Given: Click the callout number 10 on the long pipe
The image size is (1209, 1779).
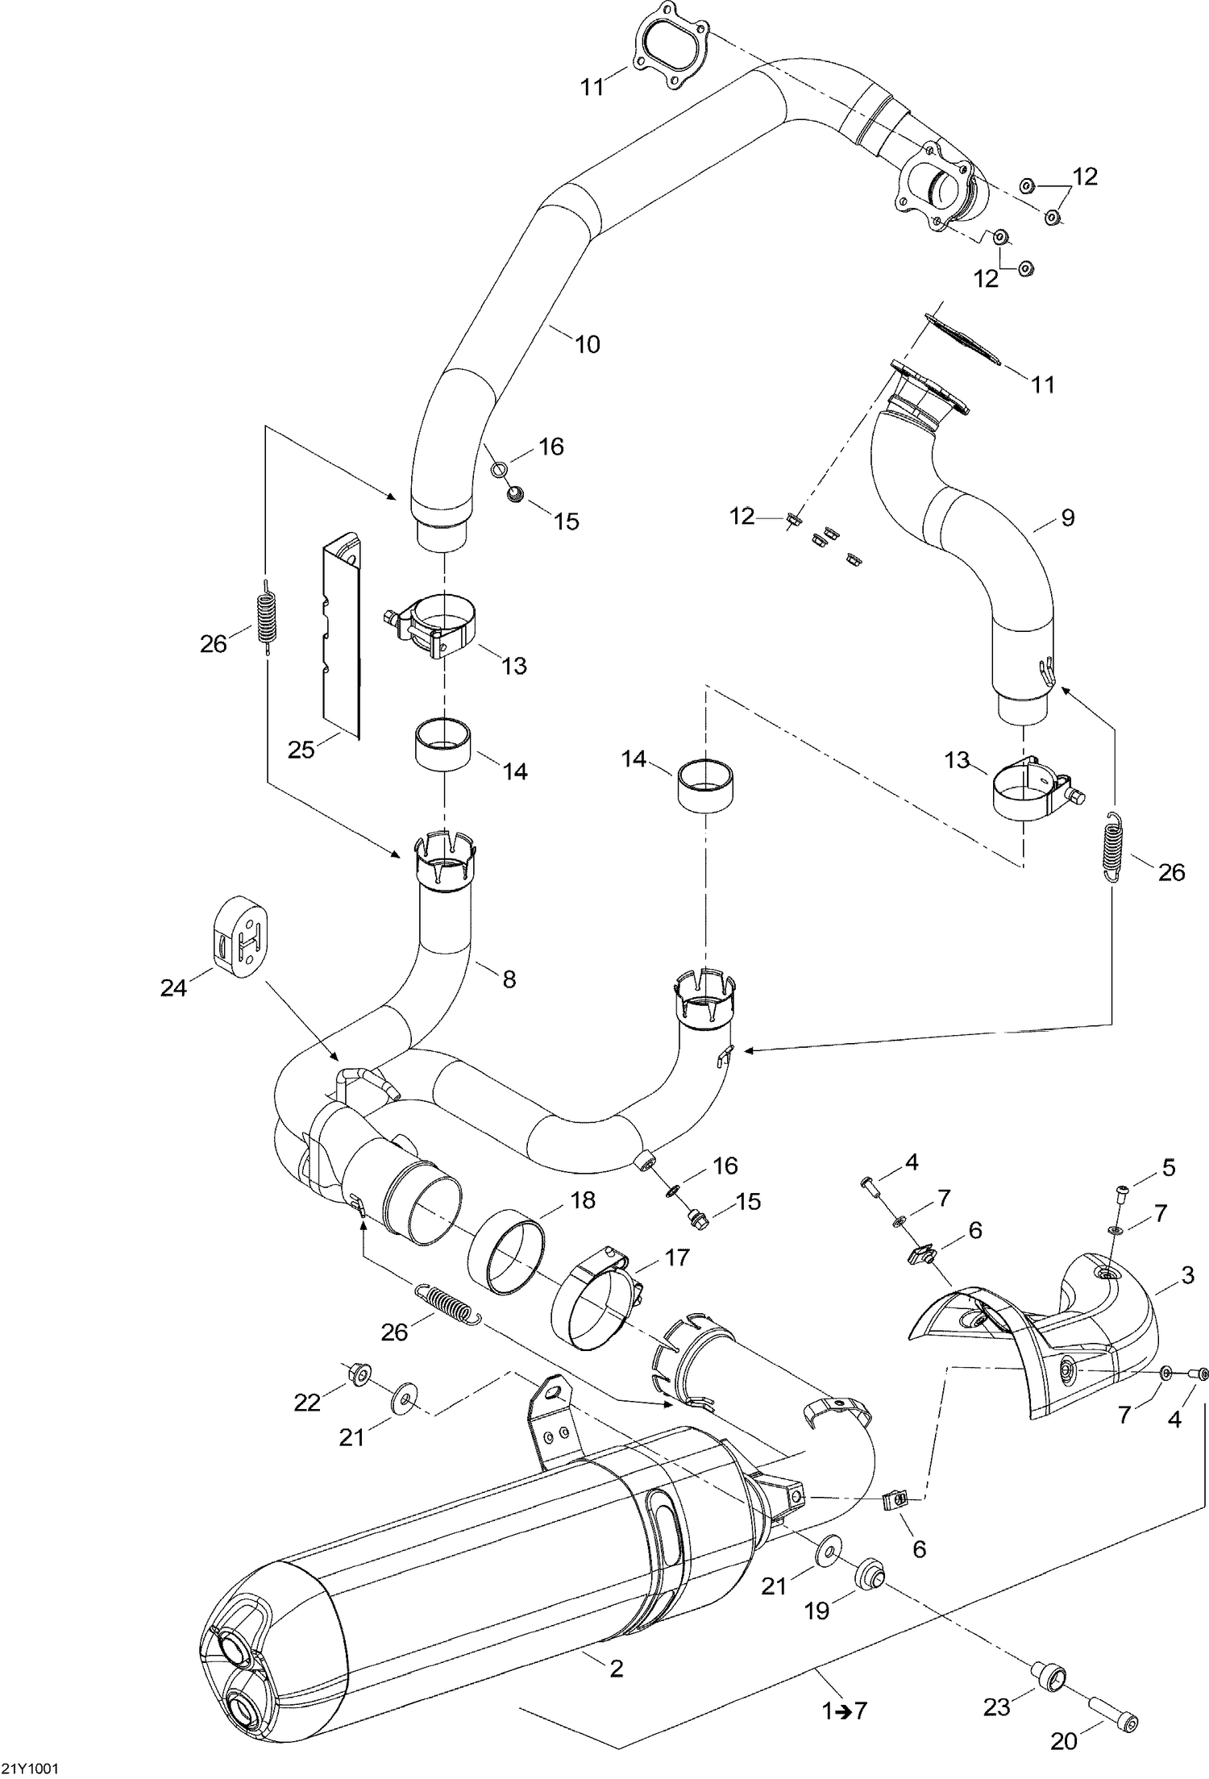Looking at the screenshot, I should (x=588, y=344).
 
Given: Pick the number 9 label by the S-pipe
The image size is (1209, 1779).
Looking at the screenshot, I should (x=1067, y=517).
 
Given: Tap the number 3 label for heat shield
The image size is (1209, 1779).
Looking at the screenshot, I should (x=1187, y=1275).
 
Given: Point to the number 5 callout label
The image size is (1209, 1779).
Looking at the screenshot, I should (x=1168, y=1166).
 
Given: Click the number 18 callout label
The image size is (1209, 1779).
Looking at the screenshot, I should (x=583, y=1200).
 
